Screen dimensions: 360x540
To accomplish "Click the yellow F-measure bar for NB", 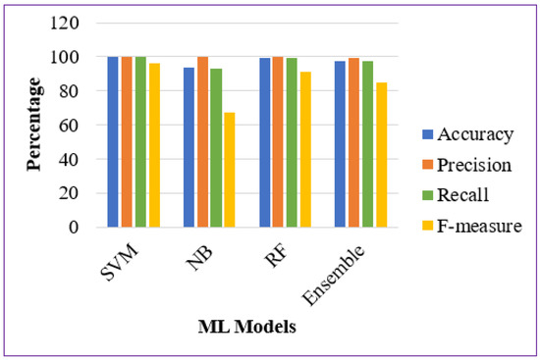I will coord(229,170).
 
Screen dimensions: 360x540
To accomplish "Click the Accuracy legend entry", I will coord(470,133).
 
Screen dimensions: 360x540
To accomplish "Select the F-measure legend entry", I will coord(475,227).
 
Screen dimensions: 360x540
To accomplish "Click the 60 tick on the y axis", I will coord(74,125).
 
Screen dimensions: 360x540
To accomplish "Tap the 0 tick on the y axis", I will coord(78,227).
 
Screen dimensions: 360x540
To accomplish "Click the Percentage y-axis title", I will coord(35,125).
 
